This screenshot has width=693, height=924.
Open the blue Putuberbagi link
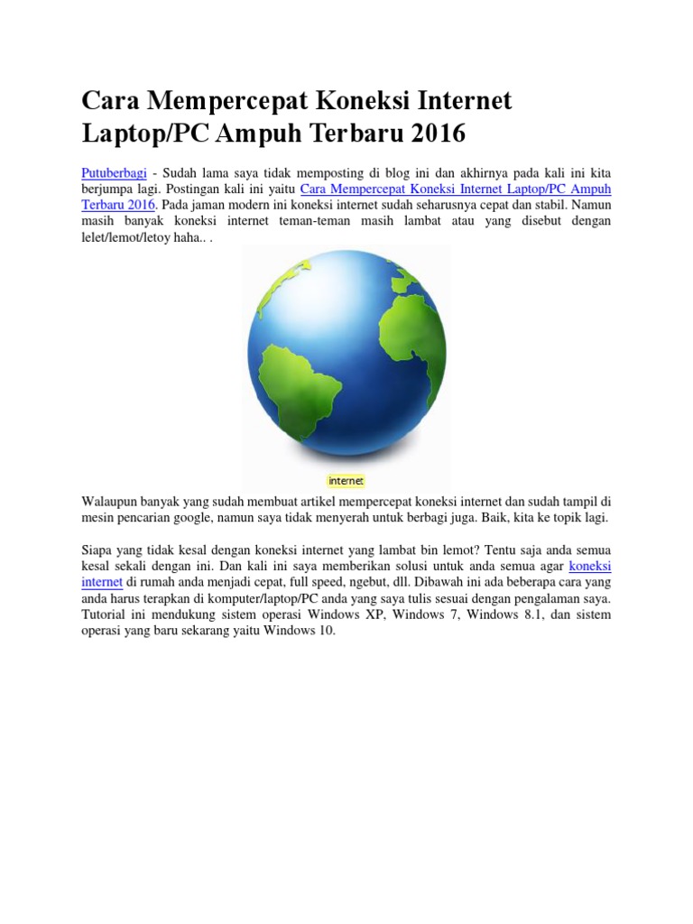(x=115, y=171)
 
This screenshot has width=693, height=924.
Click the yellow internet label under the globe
(x=346, y=481)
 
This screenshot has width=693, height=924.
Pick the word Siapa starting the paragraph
(x=98, y=549)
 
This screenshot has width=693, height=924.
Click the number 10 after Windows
(x=326, y=631)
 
